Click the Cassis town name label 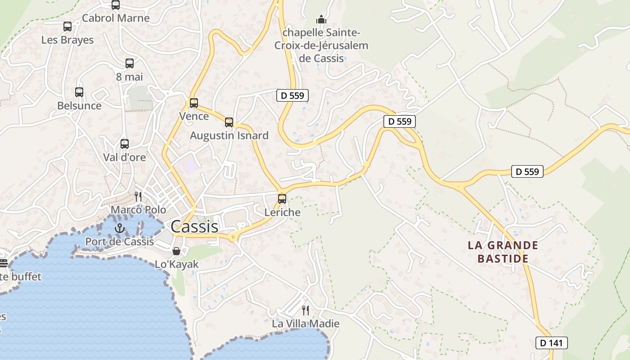pos(194,226)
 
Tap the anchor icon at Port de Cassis pos(119,228)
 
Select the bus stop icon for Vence pos(194,103)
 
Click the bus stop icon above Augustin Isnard pos(229,122)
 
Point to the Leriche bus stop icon pos(282,198)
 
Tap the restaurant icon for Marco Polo pos(138,197)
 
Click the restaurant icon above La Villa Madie pos(306,310)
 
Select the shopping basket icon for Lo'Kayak pos(176,251)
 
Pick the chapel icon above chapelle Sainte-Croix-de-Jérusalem pos(321,19)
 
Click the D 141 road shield pos(551,343)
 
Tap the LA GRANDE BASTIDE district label pos(503,252)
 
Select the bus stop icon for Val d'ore pos(125,144)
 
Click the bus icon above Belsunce pos(79,92)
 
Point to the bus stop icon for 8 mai pos(130,63)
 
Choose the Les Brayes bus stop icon pos(67,27)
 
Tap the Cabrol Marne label pos(116,18)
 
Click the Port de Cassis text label pos(120,242)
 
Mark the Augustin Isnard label pos(229,135)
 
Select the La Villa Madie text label pos(306,324)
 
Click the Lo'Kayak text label pos(176,264)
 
